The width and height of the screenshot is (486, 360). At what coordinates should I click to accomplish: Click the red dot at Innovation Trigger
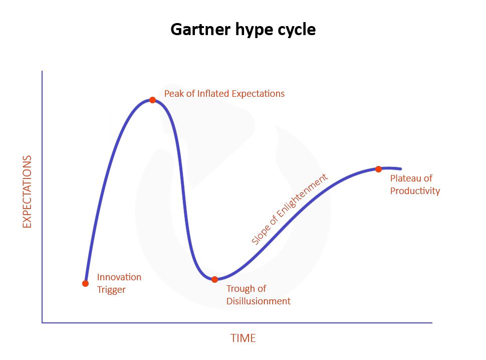click(85, 283)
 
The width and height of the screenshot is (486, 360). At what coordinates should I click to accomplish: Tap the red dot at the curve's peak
click(152, 100)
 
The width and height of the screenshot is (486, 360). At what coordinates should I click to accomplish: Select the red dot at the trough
click(214, 279)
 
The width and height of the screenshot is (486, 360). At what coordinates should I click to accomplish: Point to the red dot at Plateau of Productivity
click(378, 169)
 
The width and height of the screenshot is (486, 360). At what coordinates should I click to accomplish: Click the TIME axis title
click(243, 338)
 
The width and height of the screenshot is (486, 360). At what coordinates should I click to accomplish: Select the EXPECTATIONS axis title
click(27, 192)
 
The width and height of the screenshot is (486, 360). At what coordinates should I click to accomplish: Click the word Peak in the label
click(173, 94)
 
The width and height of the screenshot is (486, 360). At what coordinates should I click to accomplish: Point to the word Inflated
click(209, 94)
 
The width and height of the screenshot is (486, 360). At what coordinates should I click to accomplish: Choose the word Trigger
click(111, 290)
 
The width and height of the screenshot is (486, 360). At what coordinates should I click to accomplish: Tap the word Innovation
click(119, 277)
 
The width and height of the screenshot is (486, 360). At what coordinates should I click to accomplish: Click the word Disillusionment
click(258, 301)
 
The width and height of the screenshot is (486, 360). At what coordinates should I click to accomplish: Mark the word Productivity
click(415, 191)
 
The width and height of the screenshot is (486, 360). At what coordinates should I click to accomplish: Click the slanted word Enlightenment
click(301, 199)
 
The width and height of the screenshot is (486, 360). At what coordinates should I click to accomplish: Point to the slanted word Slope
click(261, 234)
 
